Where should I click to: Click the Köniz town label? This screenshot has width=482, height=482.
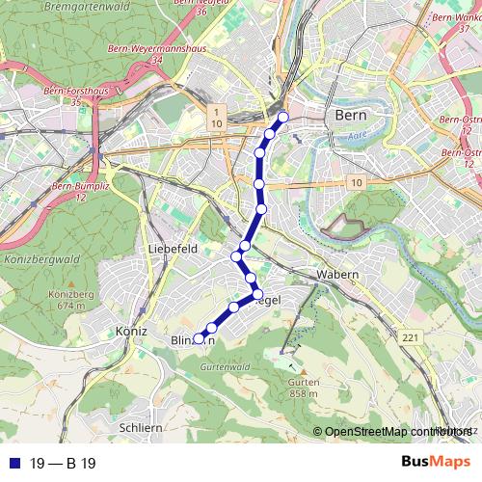click(x=129, y=332)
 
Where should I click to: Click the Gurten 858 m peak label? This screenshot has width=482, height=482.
click(x=303, y=388)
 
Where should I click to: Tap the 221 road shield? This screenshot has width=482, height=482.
click(x=410, y=336)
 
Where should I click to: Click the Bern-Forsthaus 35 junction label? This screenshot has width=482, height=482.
click(x=73, y=95)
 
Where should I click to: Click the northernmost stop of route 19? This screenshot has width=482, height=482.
click(x=283, y=118)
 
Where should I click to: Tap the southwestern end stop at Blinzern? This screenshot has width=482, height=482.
click(x=199, y=338)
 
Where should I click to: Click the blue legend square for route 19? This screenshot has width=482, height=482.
click(x=13, y=463)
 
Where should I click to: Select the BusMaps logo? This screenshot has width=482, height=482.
click(x=434, y=462)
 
